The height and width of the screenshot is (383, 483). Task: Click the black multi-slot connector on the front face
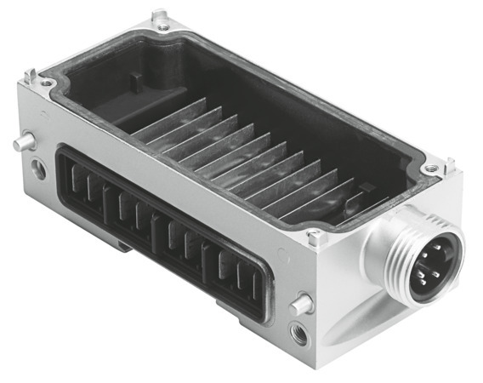coord(162,230)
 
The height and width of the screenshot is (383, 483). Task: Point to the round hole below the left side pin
coord(38,169)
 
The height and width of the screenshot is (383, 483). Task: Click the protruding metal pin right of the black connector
coord(299,303)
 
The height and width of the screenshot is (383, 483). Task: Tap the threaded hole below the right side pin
coord(298,331)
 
